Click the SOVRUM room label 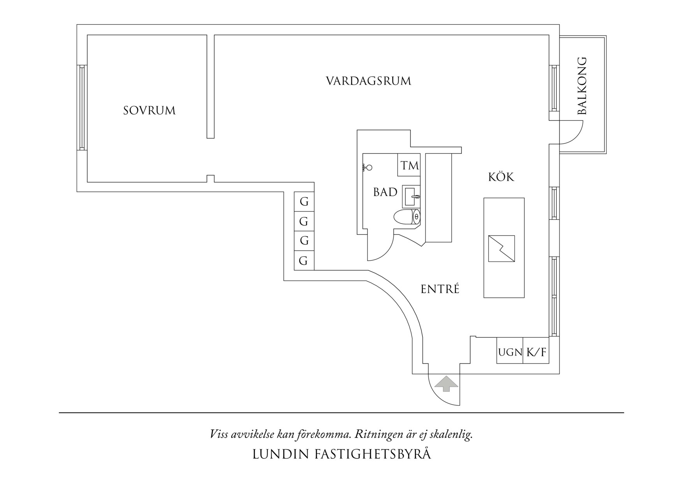pos(150,111)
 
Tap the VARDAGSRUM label pos(368,81)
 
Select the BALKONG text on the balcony pos(582,86)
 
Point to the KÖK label pos(501,177)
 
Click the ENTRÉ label pos(440,289)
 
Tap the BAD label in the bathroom pos(385,192)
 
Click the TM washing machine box pos(409,165)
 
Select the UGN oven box pos(510,353)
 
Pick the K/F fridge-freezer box pos(536,353)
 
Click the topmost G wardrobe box pos(304,202)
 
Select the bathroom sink pos(411,196)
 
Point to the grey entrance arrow pos(446,383)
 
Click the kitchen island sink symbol pos(502,248)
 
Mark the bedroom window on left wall pos(82,107)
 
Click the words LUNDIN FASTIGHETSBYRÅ pos(341,454)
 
